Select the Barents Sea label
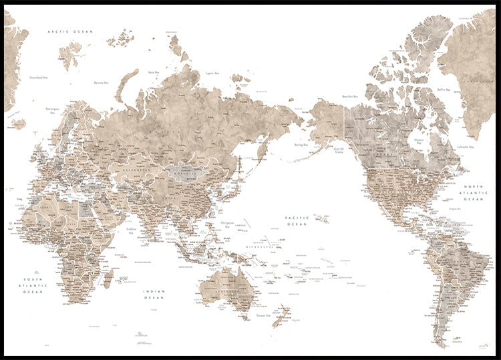(102, 83)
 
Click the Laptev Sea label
(213, 73)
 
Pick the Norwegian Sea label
(53, 110)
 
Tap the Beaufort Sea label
(350, 97)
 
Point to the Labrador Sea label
(466, 146)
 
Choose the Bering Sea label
(301, 144)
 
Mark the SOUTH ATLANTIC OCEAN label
(33, 285)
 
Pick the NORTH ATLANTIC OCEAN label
(474, 192)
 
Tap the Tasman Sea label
(257, 315)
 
